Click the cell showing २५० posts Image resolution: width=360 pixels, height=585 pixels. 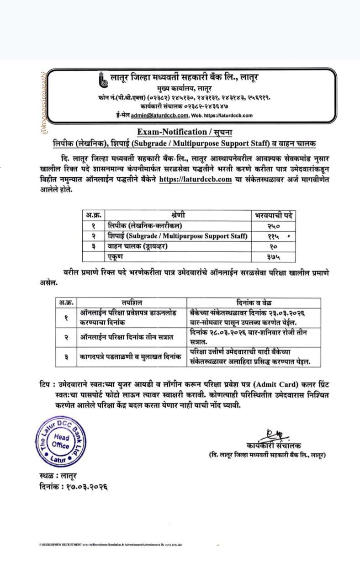pos(274,226)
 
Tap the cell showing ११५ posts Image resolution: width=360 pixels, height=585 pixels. pos(274,236)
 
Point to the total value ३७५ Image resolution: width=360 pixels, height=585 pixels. pos(274,257)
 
